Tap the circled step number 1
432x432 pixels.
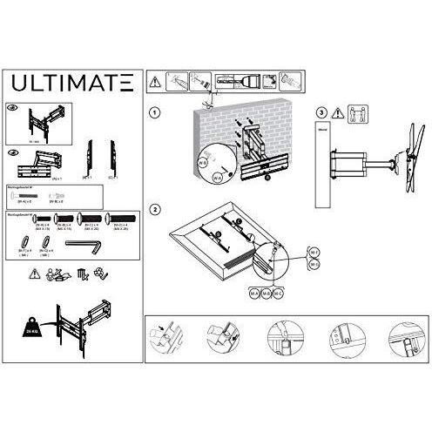coord(154,114)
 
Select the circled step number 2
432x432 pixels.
coord(154,210)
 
